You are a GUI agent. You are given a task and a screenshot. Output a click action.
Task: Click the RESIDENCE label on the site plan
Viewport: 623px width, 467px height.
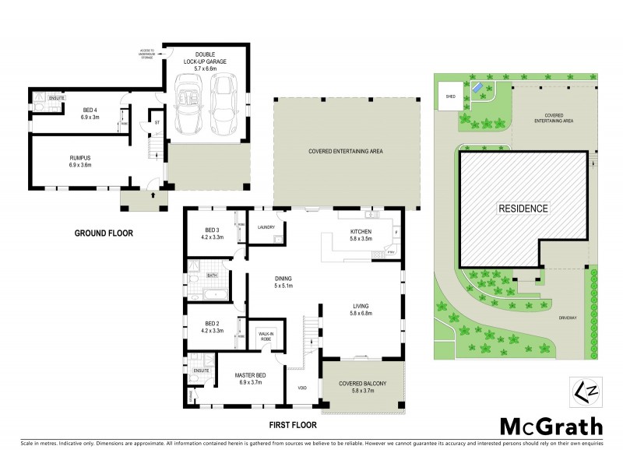coord(524,209)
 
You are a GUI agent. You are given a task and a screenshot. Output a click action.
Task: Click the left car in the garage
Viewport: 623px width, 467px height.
coord(187,104)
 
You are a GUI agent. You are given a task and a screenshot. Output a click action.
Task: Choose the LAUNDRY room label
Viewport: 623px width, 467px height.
coord(266,227)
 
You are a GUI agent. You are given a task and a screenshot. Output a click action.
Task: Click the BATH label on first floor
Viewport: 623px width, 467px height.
coord(213,276)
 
